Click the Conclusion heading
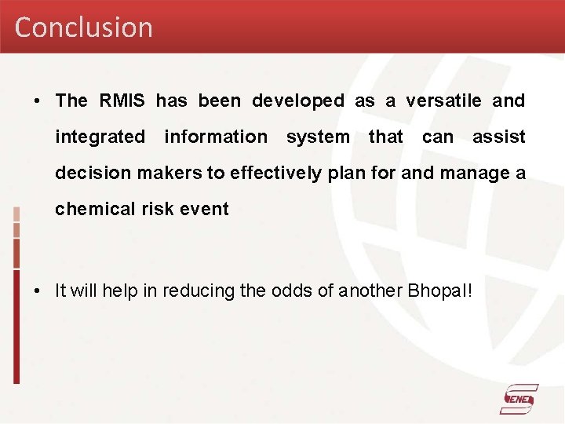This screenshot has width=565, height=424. pos(83,27)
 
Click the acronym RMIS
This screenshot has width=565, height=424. pos(122,101)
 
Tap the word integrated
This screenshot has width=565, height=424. pos(100,137)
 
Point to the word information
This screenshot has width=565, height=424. pos(216,137)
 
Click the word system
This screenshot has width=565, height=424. pos(318,137)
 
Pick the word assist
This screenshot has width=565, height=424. pos(498,137)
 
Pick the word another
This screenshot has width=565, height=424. pos(372,291)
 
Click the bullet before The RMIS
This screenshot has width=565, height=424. pos(38,101)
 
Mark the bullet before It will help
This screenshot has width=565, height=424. pos(38,291)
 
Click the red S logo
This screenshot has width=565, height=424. pos(519,399)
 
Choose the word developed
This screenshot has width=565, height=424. pos(297,101)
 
